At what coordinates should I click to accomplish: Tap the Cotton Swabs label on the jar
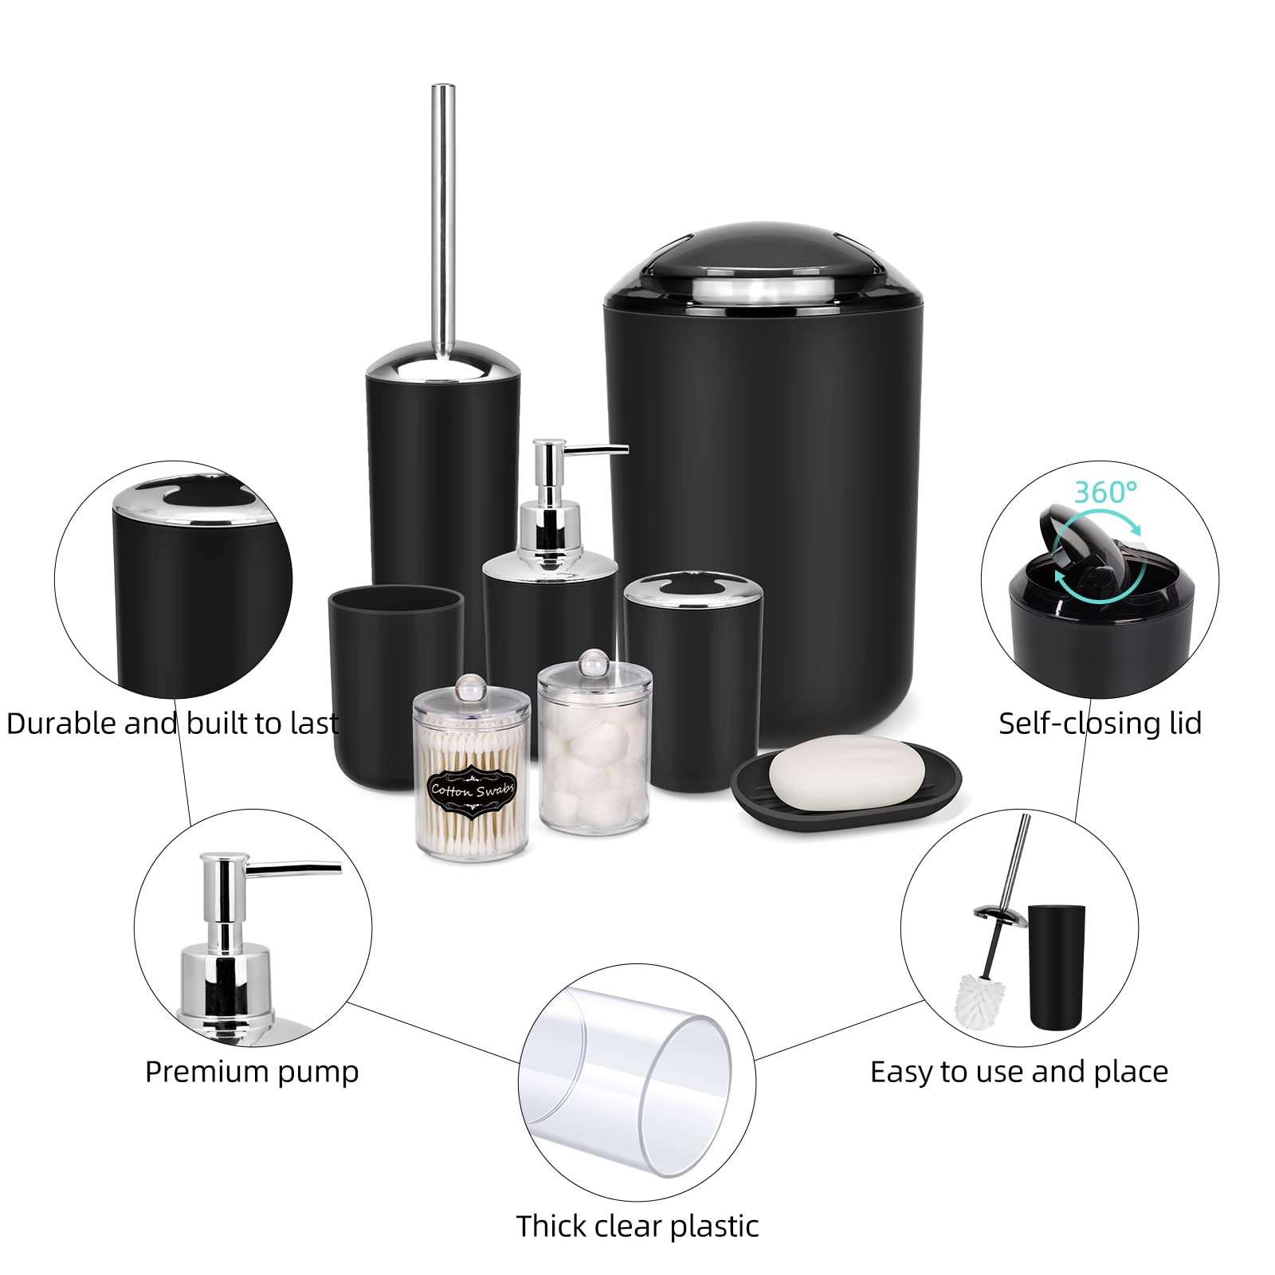click(473, 790)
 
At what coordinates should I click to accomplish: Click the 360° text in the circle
click(1105, 492)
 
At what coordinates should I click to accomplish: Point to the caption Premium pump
click(252, 1072)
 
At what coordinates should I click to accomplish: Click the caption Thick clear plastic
click(637, 1226)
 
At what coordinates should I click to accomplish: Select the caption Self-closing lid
click(1100, 723)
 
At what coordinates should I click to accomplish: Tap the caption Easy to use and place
click(1018, 1072)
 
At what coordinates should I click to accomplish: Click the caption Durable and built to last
click(172, 723)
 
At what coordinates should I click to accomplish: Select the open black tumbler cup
click(394, 685)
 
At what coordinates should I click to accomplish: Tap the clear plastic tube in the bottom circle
click(637, 1084)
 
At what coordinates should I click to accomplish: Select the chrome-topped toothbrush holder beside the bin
click(692, 685)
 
